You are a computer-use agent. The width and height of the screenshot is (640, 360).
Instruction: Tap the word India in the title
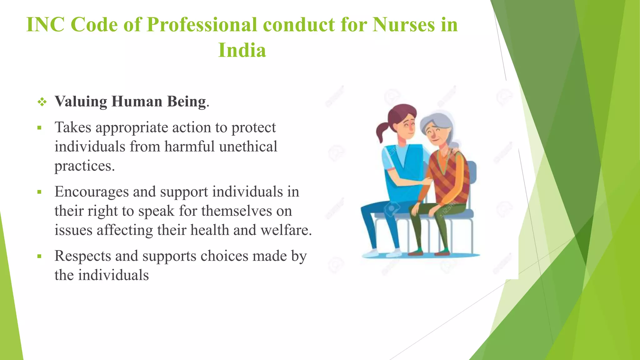tap(242, 50)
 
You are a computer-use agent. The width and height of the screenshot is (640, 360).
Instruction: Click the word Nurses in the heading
tap(403, 24)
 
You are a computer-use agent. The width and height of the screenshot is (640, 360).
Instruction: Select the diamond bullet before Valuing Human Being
tap(42, 102)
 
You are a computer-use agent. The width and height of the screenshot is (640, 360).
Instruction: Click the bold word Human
tap(137, 102)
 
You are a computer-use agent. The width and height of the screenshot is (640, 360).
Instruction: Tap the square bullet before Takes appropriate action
tap(39, 128)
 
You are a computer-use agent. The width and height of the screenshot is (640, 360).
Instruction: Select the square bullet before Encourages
tap(39, 192)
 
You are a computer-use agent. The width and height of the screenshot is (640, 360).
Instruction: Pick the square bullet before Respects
tap(39, 257)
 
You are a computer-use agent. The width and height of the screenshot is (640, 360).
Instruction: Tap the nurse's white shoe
tap(371, 253)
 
